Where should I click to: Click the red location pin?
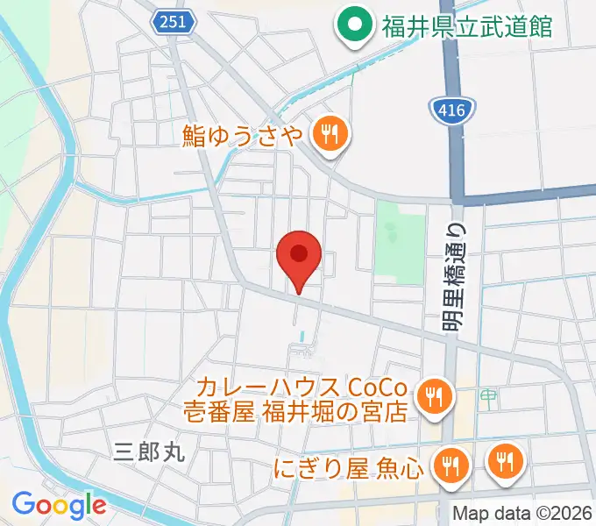pos(299,256)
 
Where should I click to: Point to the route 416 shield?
pos(453,110)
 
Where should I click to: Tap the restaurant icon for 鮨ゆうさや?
pos(330,134)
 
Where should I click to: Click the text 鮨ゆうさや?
pos(243,135)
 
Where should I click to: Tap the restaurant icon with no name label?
pos(505,459)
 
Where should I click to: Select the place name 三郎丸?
pos(150,451)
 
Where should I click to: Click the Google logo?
pos(59,505)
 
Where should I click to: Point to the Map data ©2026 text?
pos(521,514)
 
